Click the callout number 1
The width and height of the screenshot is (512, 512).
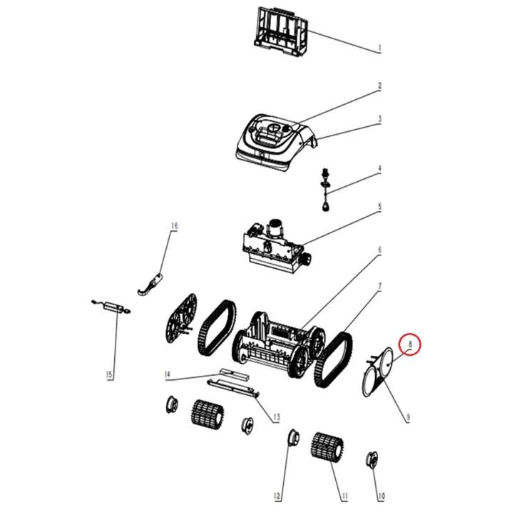379,48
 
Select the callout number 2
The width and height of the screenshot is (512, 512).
379,86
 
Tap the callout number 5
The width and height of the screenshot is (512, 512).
379,207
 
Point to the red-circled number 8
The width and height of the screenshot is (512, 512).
410,344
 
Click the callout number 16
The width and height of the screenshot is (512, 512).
175,225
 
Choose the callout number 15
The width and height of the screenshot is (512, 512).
109,374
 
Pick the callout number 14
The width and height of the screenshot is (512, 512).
167,374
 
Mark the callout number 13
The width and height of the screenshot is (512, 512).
276,417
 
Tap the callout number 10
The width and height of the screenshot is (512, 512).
381,496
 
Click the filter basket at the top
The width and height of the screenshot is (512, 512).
281,31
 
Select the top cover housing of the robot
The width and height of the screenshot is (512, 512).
276,142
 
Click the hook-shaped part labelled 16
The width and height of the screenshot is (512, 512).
150,284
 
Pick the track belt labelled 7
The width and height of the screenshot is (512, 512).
334,361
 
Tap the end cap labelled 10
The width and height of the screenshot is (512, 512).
372,460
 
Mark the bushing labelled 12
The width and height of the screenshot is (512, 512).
294,439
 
